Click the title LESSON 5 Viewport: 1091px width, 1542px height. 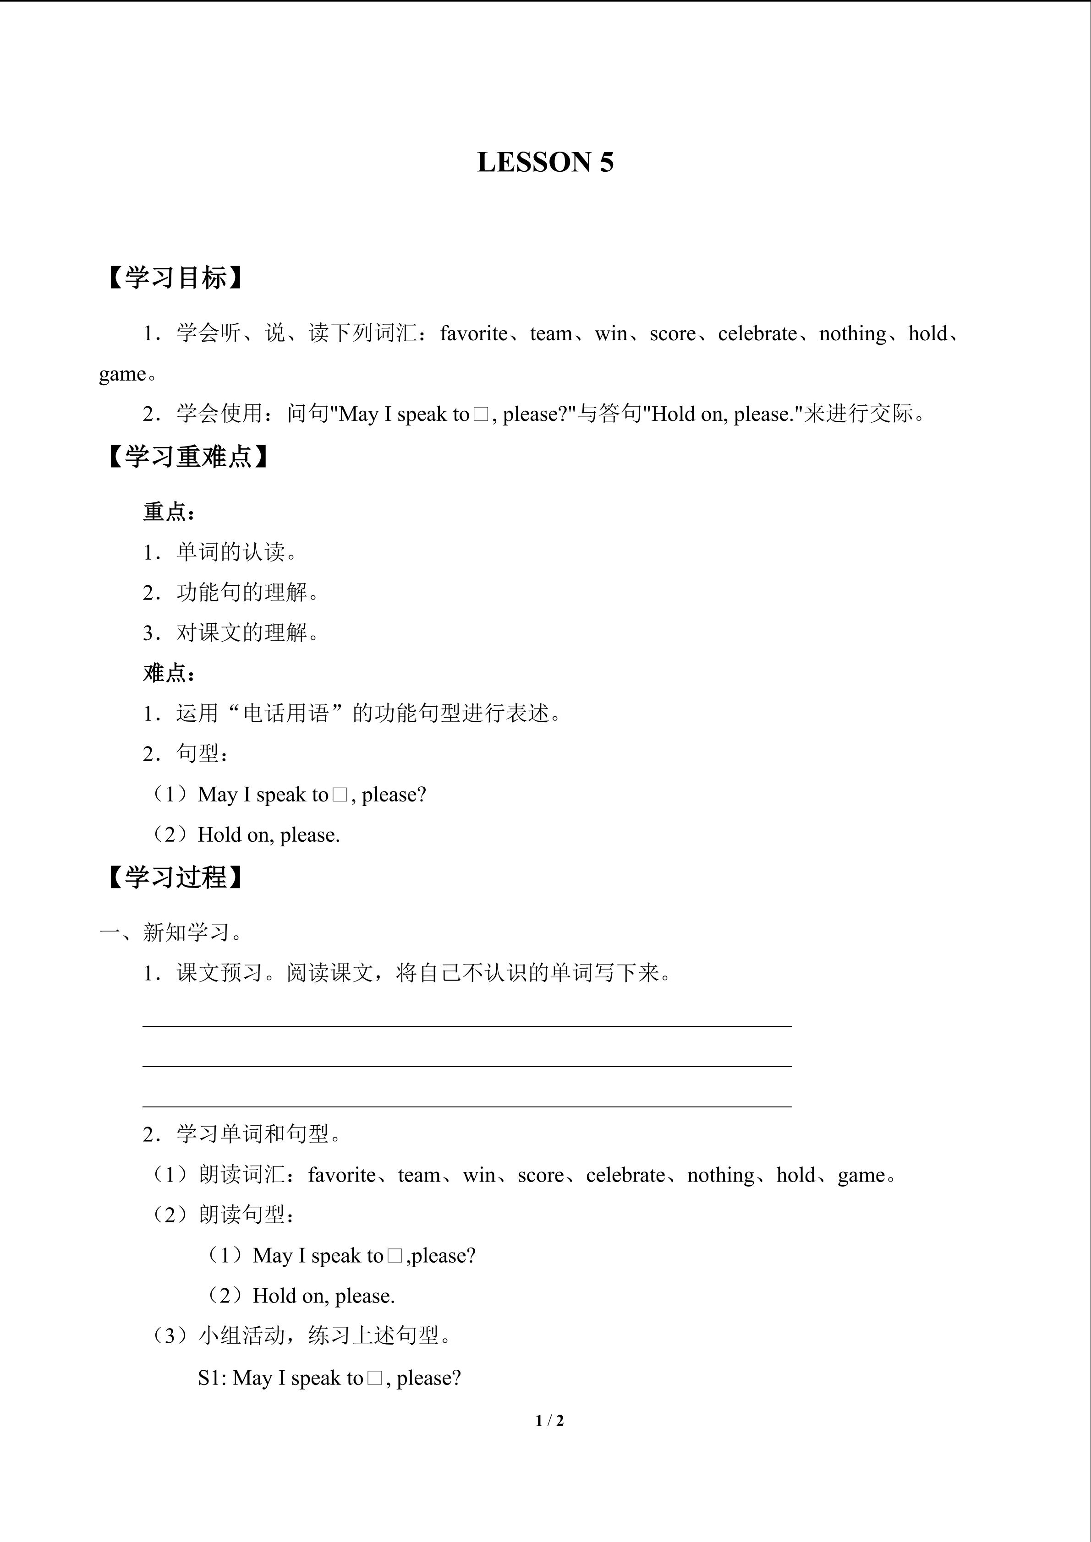pos(545,163)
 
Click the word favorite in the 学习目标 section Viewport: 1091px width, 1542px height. pos(474,334)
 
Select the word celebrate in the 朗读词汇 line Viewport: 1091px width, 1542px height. pos(625,1175)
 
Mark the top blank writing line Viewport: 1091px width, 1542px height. pos(467,1025)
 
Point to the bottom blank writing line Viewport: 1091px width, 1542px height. pos(467,1106)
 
